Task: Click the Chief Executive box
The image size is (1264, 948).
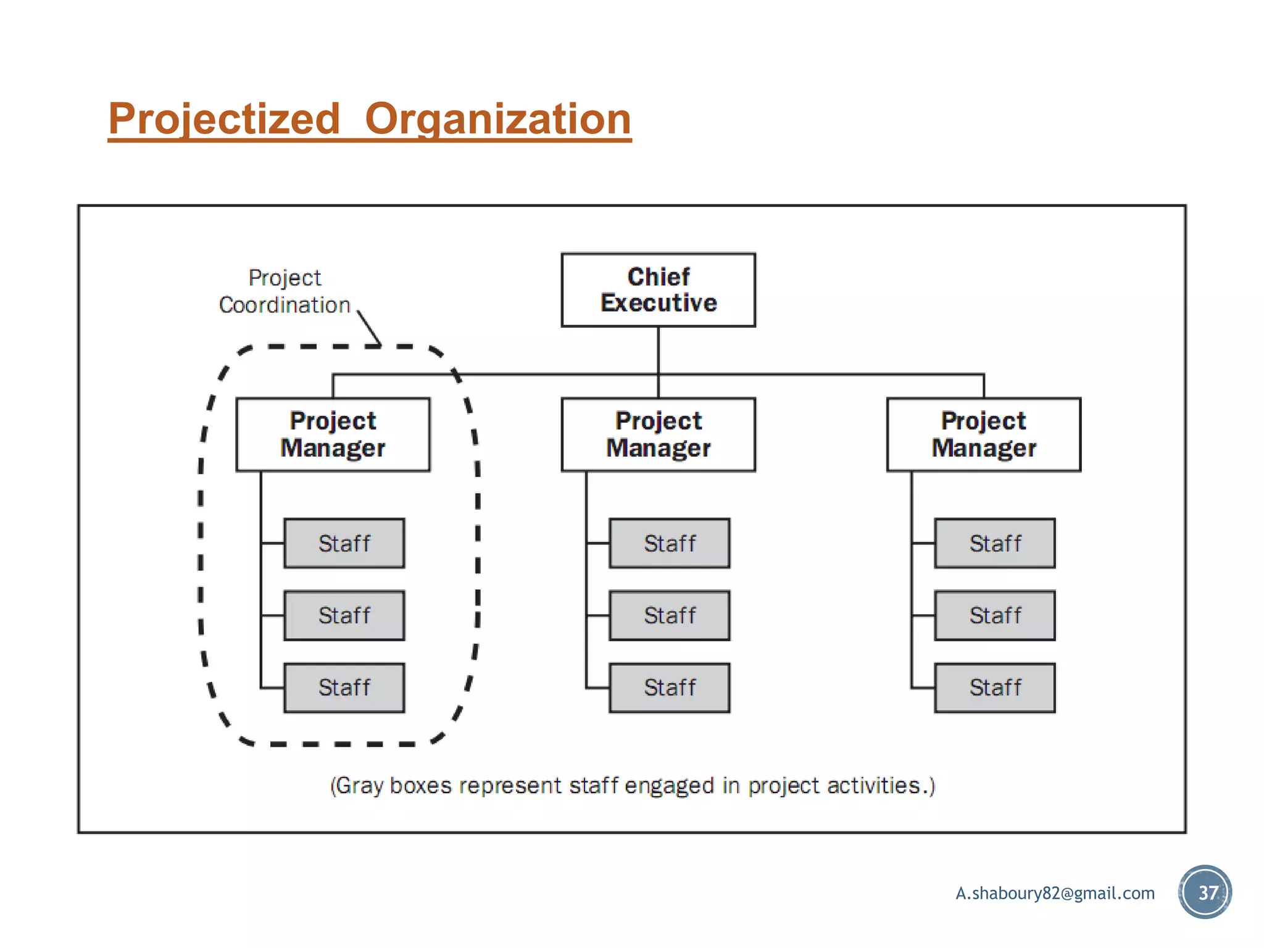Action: pos(658,289)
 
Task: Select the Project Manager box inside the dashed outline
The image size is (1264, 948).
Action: pos(333,434)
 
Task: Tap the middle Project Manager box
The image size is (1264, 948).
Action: pos(658,434)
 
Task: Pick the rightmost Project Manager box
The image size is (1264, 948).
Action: pos(983,434)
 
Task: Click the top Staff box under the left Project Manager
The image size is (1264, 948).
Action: pos(344,543)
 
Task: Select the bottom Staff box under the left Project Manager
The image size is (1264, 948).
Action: pos(344,688)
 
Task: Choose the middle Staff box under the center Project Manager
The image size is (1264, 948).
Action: pos(669,615)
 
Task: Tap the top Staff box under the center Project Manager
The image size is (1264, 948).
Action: pos(669,543)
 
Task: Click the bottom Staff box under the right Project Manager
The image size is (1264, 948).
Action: pos(994,688)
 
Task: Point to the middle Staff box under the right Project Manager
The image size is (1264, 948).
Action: pos(994,615)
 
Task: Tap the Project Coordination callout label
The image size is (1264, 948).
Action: pos(285,291)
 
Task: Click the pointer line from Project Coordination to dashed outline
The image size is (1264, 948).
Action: pos(369,328)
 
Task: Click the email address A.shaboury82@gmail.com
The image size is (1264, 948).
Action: pos(1055,893)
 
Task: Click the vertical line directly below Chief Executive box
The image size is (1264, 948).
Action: pos(658,350)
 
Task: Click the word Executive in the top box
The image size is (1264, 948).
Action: pos(659,303)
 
